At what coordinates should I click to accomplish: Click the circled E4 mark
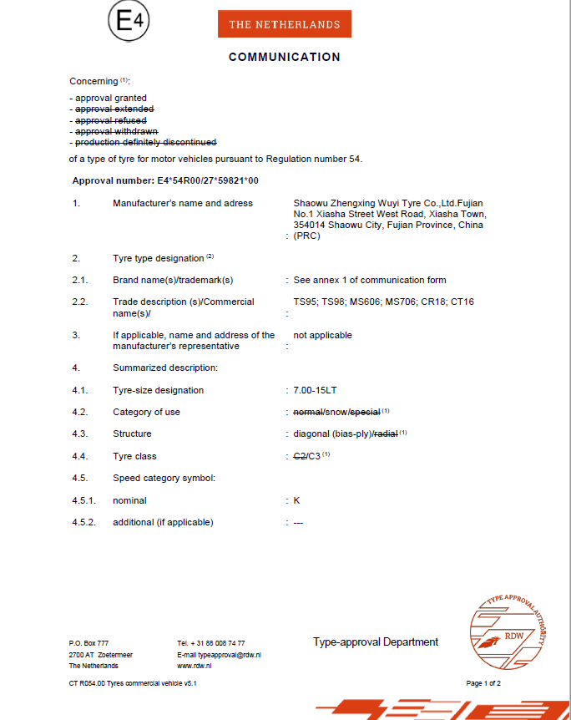click(129, 23)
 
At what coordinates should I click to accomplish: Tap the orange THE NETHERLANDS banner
click(284, 24)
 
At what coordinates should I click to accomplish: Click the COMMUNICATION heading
click(284, 58)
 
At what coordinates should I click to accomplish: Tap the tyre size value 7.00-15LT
click(316, 390)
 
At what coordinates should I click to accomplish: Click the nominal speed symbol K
click(296, 500)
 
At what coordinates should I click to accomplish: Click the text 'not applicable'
click(322, 335)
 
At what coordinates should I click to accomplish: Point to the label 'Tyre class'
click(134, 456)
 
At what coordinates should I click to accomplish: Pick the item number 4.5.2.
click(84, 522)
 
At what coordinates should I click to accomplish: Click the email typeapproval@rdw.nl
click(219, 655)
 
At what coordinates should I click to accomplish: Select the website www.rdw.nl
click(194, 666)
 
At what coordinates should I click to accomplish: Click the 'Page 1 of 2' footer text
click(483, 683)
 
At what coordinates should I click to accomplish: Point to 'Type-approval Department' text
click(376, 642)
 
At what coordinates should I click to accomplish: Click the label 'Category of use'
click(146, 412)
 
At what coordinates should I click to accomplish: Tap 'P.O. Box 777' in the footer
click(88, 643)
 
